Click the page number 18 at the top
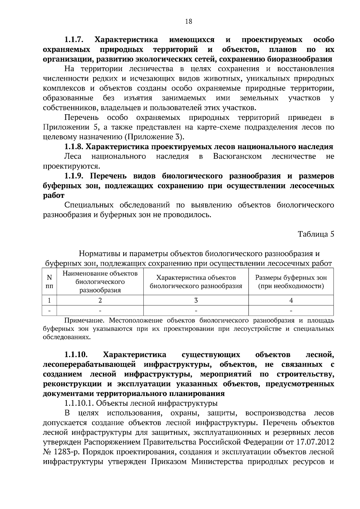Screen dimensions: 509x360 pyautogui.click(x=188, y=21)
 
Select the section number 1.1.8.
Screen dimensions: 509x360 pyautogui.click(x=73, y=147)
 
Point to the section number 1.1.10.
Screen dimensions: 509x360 pyautogui.click(x=76, y=355)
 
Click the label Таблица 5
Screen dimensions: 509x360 pyautogui.click(x=316, y=234)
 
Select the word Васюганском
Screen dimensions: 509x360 pyautogui.click(x=237, y=156)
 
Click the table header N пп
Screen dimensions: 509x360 pyautogui.click(x=49, y=282)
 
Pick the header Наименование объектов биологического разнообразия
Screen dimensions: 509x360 pyautogui.click(x=100, y=282)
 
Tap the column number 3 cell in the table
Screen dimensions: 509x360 pyautogui.click(x=196, y=300)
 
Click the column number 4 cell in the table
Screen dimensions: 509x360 pyautogui.click(x=291, y=300)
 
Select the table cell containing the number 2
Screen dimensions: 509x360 pyautogui.click(x=100, y=300)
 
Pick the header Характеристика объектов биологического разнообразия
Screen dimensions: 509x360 pyautogui.click(x=196, y=282)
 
